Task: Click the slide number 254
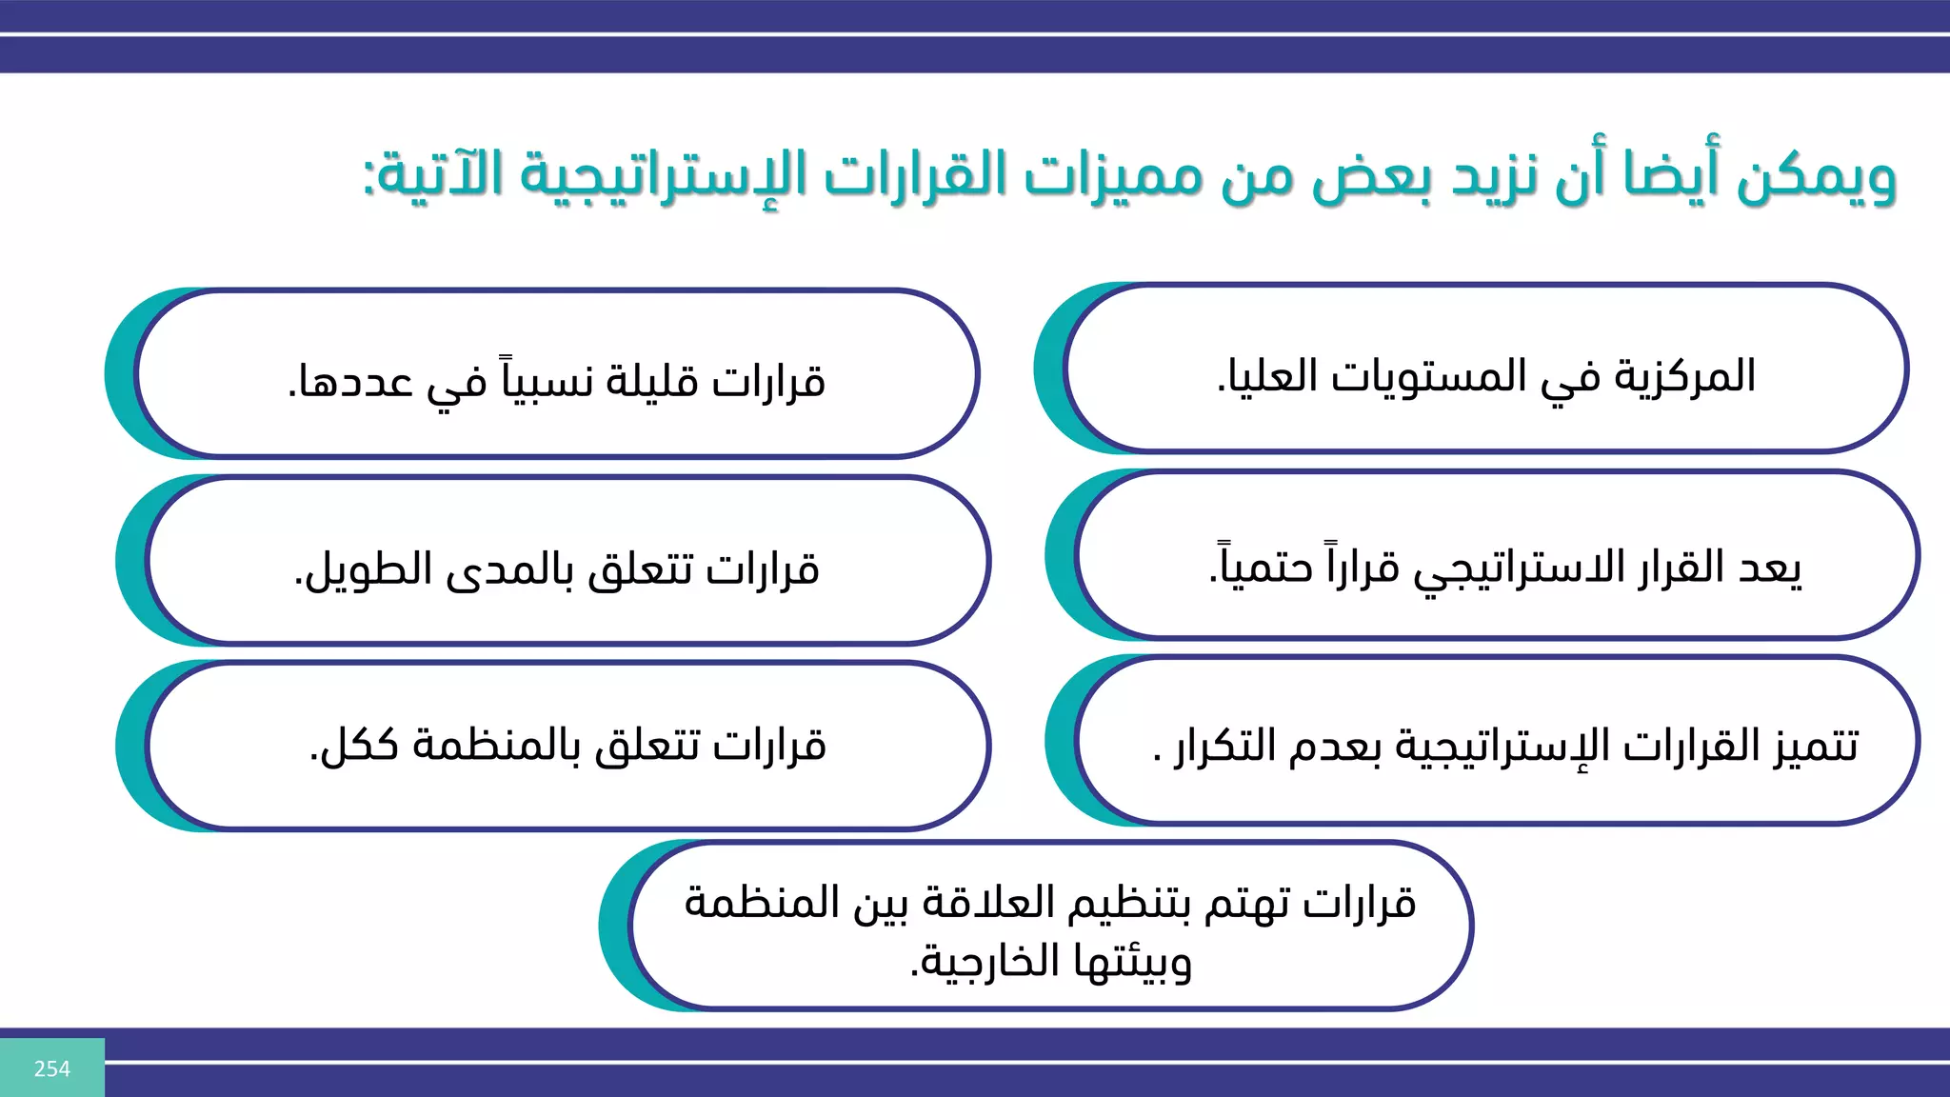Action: click(x=52, y=1068)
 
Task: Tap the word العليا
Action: click(x=1265, y=377)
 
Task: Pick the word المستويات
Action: click(x=1428, y=377)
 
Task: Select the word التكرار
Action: click(x=1224, y=745)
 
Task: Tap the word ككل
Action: click(x=356, y=745)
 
